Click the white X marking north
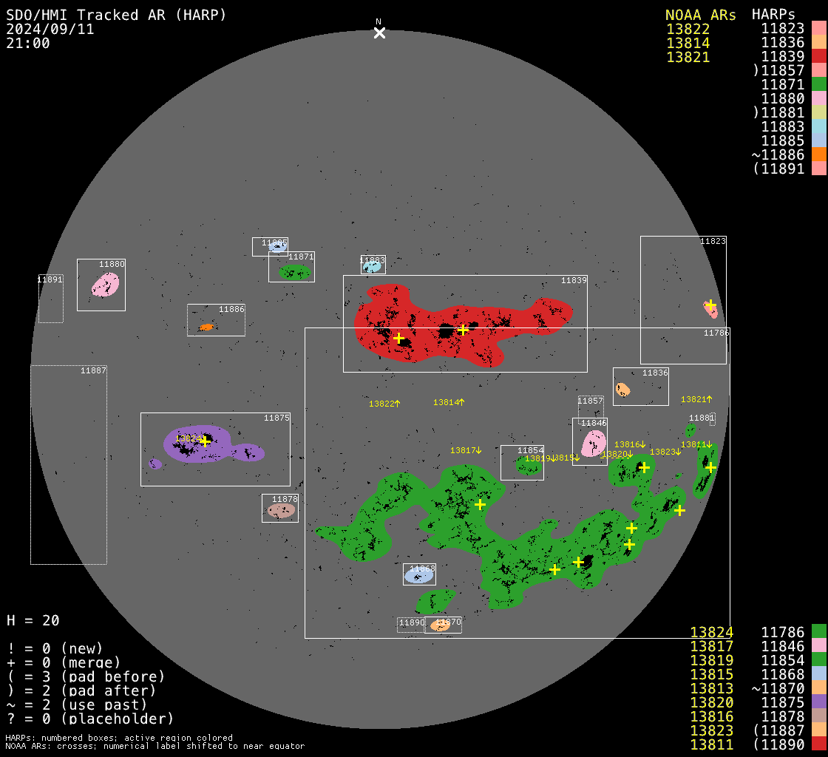pos(379,33)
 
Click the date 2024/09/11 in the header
pos(50,29)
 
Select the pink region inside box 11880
pos(105,285)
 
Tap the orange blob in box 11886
pos(206,327)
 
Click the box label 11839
pos(574,281)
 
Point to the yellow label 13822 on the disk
pos(381,404)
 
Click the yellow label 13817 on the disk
pos(463,450)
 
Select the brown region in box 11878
pos(281,510)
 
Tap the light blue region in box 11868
pos(419,574)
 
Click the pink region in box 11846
pos(594,444)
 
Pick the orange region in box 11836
pos(623,389)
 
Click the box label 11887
pos(93,370)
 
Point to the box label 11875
pos(276,418)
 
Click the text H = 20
pos(33,620)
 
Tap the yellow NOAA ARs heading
pos(700,15)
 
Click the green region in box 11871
pos(294,272)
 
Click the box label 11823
pos(713,241)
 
